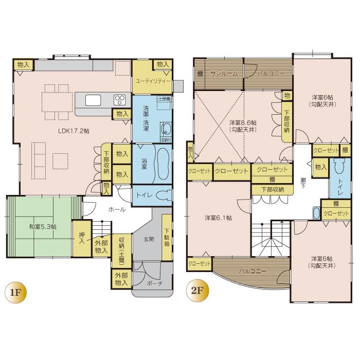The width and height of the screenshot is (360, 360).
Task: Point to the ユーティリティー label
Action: tap(153, 81)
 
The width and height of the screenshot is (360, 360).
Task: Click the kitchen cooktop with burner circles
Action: tap(119, 100)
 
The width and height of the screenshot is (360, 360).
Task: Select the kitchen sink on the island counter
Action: tap(93, 100)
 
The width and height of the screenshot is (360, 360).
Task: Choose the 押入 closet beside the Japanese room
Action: tap(80, 238)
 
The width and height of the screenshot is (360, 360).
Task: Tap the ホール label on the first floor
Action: tap(115, 210)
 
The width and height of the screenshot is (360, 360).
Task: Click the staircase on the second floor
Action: tap(272, 239)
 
